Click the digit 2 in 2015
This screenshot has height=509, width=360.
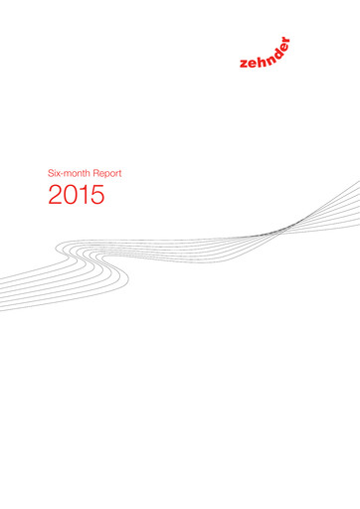56,197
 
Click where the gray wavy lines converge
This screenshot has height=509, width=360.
282,230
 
